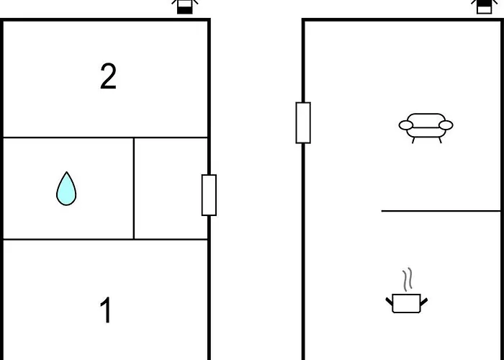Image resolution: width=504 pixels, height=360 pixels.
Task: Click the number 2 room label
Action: coord(108,76)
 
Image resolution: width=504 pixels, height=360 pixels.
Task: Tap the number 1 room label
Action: coord(106,311)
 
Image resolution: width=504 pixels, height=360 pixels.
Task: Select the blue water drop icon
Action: coord(66,189)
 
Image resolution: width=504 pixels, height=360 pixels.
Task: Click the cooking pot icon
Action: coord(408,302)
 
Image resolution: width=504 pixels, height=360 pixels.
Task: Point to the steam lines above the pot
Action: coord(408,279)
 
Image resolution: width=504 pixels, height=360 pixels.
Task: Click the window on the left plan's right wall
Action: coord(209,195)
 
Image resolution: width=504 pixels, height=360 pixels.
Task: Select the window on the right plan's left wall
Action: coord(303,122)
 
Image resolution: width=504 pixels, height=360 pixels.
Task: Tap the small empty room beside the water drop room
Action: coord(171,189)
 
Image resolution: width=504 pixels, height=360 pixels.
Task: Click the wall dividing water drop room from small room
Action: coord(134,189)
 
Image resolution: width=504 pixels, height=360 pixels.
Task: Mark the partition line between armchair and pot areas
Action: coord(441,211)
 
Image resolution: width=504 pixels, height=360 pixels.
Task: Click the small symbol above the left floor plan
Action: coord(184,6)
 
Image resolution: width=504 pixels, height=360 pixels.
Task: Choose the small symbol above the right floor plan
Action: coord(483,6)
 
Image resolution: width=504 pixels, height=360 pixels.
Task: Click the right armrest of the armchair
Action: coord(446,125)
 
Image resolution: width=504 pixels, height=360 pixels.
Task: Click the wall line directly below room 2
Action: coord(106,138)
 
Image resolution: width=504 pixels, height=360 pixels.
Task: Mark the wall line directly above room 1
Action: coord(106,239)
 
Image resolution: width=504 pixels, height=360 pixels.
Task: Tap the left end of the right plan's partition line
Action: coord(383,211)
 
